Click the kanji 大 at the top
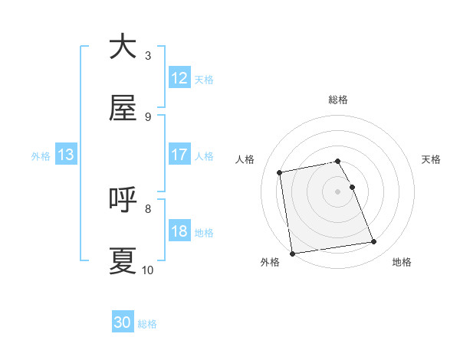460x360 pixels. click(123, 47)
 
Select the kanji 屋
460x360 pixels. click(123, 109)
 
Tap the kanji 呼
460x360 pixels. click(123, 200)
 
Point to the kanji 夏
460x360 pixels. click(123, 261)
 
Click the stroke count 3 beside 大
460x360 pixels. click(148, 55)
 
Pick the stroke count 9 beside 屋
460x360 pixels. click(148, 116)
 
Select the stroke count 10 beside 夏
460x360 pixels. click(148, 270)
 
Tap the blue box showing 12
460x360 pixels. click(179, 78)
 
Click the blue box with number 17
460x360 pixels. click(179, 155)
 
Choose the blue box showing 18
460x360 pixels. click(179, 231)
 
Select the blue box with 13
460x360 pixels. click(66, 155)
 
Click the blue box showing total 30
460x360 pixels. click(123, 322)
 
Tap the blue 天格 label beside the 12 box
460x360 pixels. click(204, 79)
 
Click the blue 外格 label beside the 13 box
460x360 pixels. click(41, 155)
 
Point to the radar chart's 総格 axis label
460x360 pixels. click(338, 100)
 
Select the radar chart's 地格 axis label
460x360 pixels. click(402, 263)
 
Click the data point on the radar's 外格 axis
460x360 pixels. click(292, 254)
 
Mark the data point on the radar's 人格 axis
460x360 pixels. click(280, 172)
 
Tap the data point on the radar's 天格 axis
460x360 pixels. click(353, 187)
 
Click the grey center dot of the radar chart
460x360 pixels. click(338, 191)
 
